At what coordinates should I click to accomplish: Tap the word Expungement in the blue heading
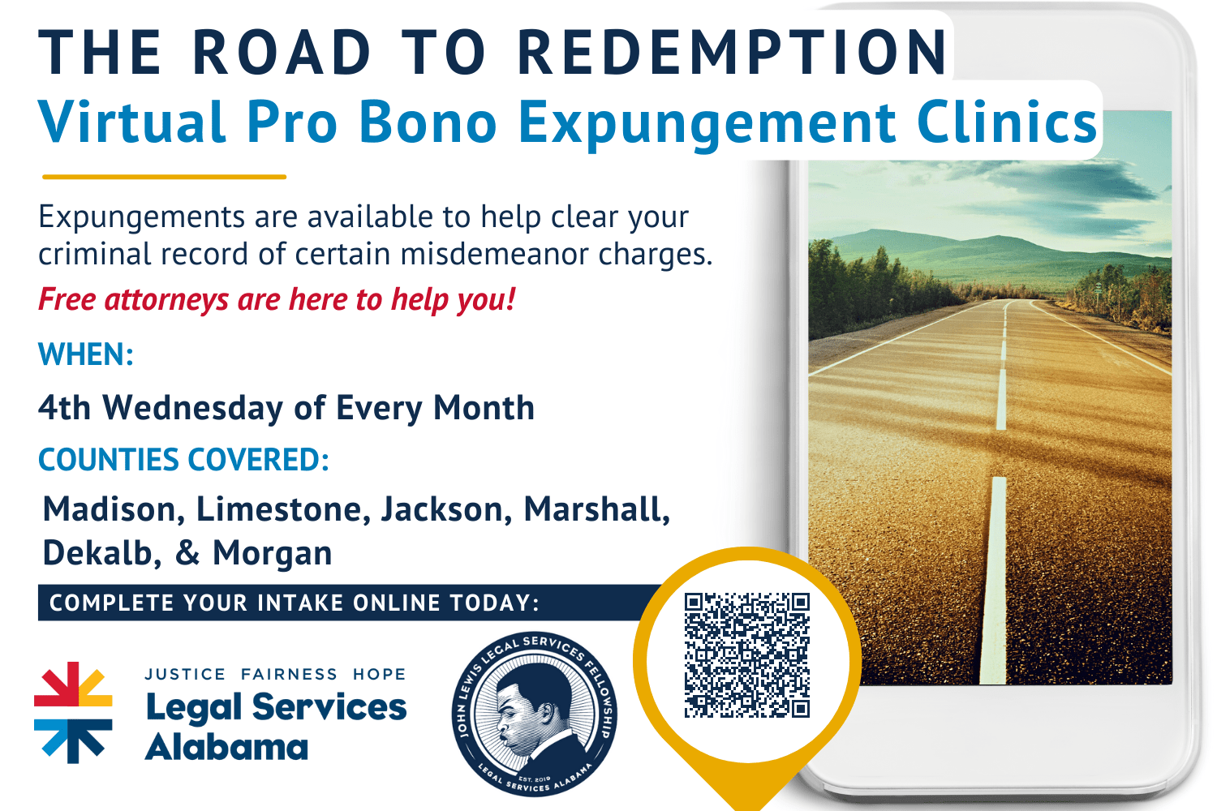click(x=706, y=123)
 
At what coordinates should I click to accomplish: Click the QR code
click(x=747, y=655)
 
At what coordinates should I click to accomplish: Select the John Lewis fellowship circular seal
click(x=534, y=714)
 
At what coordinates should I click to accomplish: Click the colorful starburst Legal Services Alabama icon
click(x=73, y=712)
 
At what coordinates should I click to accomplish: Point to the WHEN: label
click(x=86, y=355)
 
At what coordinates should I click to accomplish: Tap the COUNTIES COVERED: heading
click(x=183, y=460)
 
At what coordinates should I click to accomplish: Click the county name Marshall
click(x=596, y=509)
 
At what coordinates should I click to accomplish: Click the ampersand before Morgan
click(x=187, y=553)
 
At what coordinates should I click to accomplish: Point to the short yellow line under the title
click(x=164, y=176)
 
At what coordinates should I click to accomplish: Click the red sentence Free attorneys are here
click(x=277, y=299)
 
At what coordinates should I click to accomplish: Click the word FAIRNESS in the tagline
click(x=289, y=674)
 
